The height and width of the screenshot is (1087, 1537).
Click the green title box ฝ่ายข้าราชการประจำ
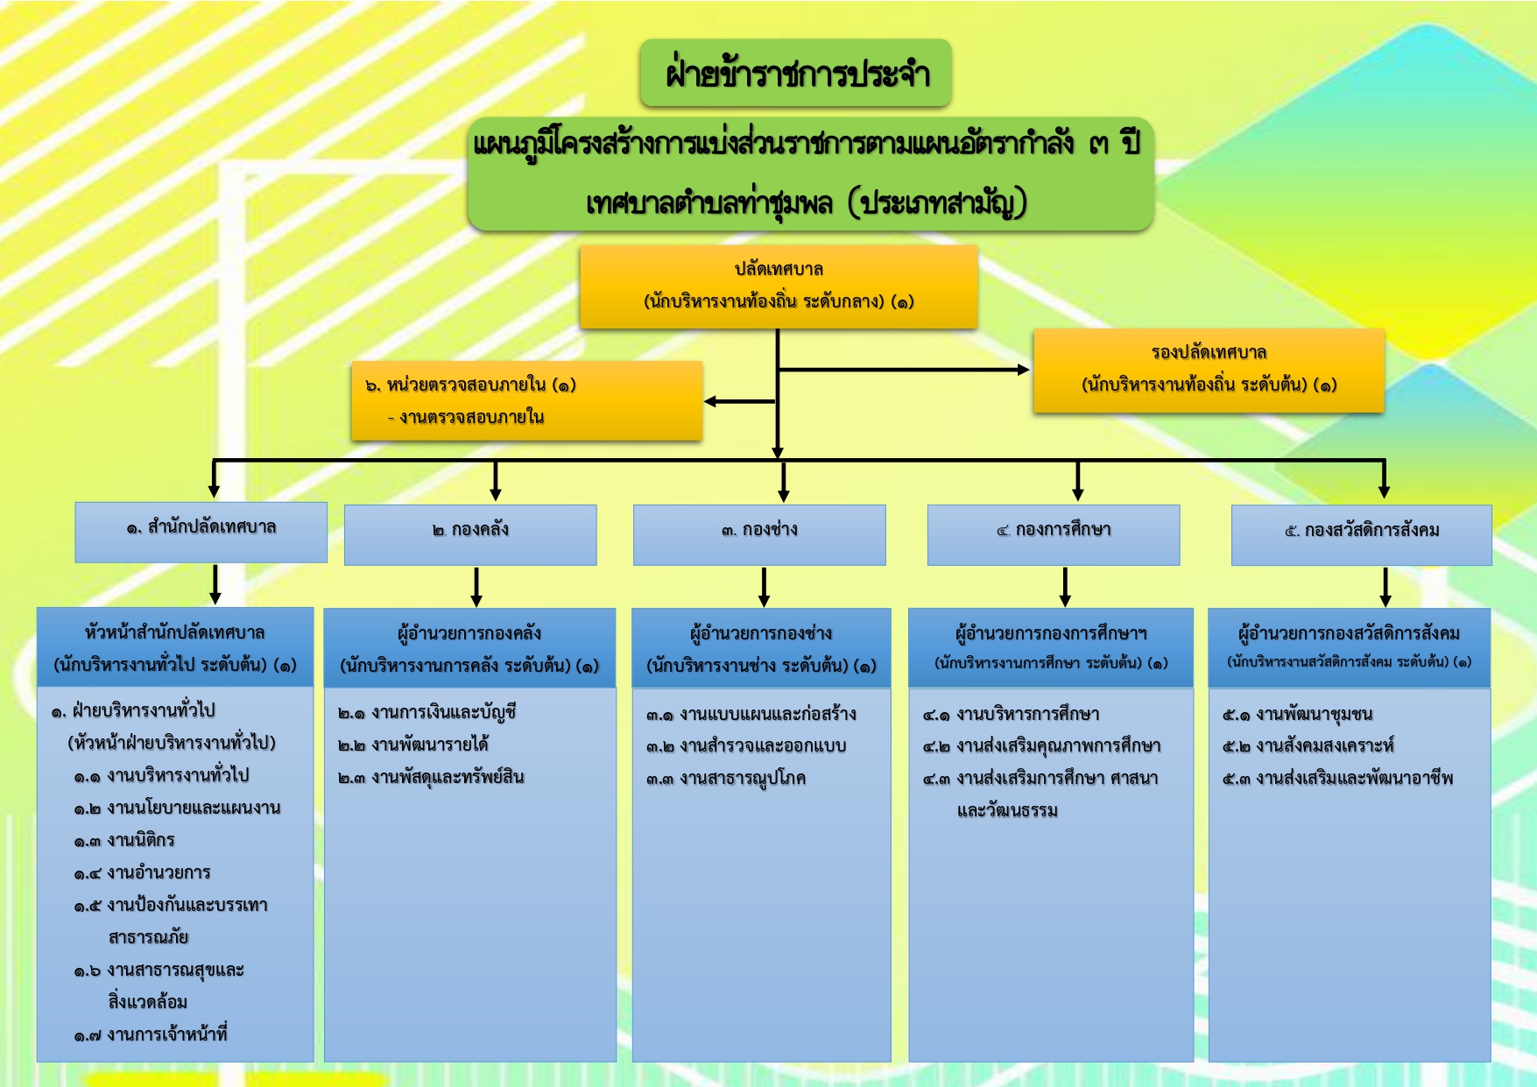point(795,74)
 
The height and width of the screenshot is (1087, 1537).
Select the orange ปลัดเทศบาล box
point(778,286)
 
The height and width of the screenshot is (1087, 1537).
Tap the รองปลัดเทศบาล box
point(1208,370)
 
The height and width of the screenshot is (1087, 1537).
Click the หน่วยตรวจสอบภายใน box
point(526,400)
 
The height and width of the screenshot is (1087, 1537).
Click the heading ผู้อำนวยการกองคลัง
point(469,633)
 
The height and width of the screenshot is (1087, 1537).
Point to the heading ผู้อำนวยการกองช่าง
point(760,633)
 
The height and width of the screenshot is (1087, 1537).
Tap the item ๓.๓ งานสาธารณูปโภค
point(725,778)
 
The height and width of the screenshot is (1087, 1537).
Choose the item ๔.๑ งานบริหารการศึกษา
point(1011,714)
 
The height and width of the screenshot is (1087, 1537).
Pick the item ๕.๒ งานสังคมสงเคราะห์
point(1308,745)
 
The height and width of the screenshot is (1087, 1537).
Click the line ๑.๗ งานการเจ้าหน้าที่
point(151,1034)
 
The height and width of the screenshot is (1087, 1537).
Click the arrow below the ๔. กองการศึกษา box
point(1065,587)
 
